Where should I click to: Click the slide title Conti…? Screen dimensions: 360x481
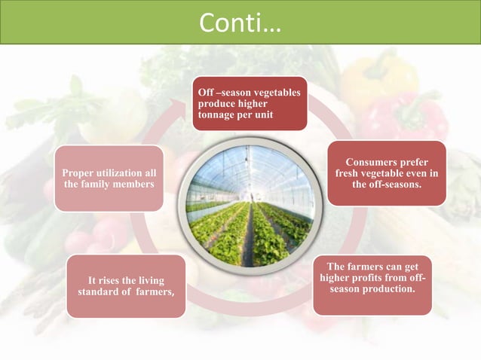coord(240,23)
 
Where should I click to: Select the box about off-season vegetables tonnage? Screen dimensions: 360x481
coord(250,104)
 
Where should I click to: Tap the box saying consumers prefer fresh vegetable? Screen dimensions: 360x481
coord(386,173)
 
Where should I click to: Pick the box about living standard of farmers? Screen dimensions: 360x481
coord(126,286)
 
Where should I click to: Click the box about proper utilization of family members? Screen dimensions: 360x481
coord(109,178)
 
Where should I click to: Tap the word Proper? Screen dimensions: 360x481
coord(78,172)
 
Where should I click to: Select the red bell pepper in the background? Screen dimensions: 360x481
coord(411,117)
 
